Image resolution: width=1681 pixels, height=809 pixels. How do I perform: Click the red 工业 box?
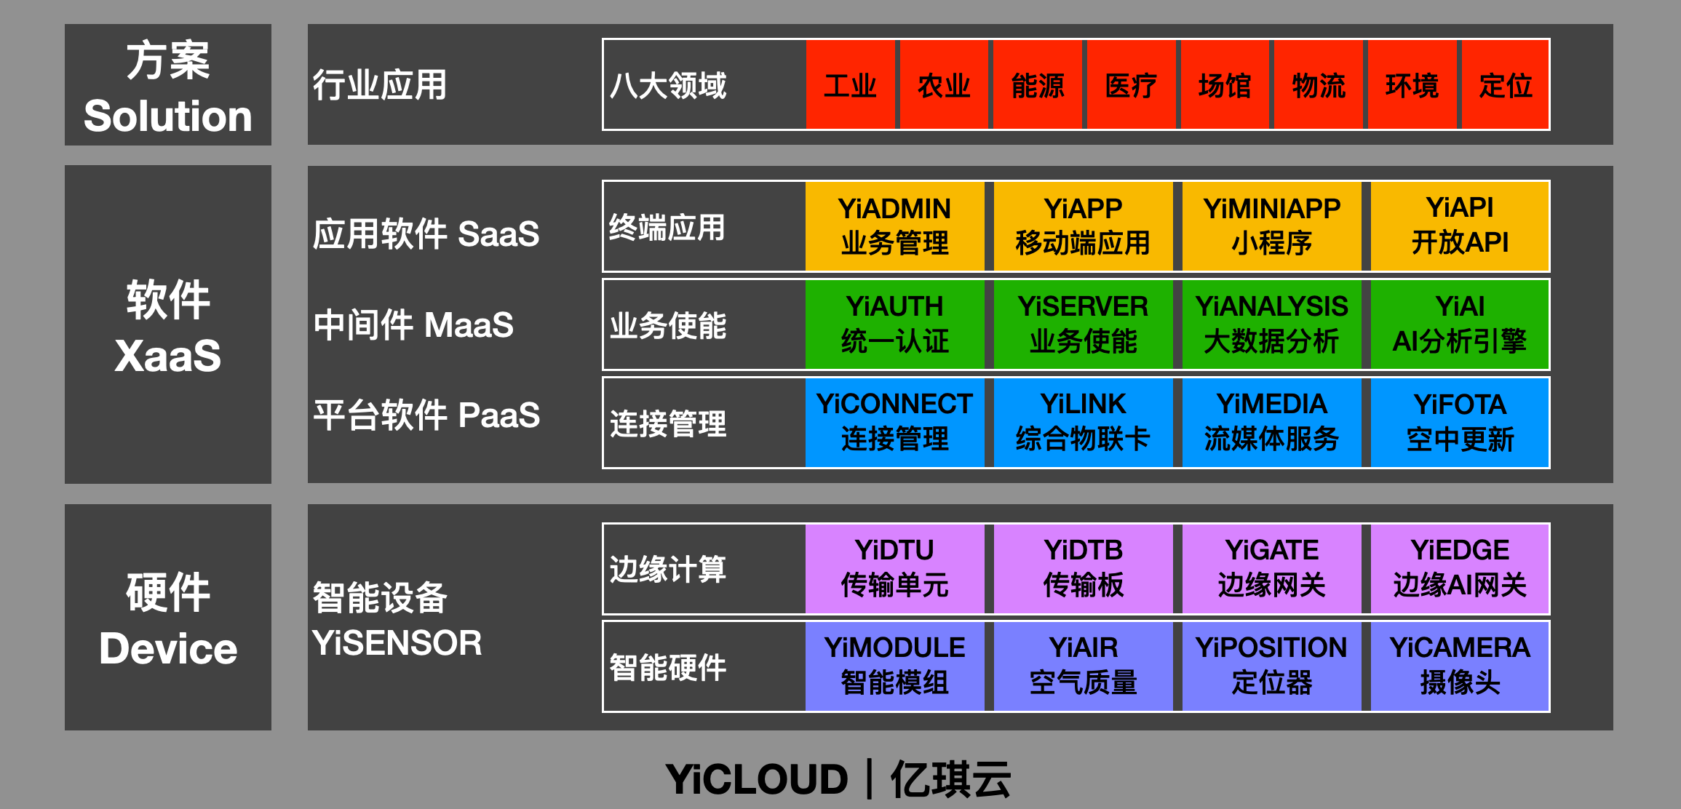850,84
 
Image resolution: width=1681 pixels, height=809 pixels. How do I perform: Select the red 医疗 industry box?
1131,84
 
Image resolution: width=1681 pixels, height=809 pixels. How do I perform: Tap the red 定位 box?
1505,84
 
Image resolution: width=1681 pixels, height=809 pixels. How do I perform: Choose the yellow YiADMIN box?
894,226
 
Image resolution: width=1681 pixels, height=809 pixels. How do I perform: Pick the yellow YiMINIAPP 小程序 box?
1271,226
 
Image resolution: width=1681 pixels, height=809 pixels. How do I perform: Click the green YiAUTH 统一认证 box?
894,324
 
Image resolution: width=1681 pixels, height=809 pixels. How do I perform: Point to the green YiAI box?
1460,324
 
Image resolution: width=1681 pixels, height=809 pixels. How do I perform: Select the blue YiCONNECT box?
894,423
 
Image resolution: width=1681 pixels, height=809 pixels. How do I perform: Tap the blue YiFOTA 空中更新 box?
1460,423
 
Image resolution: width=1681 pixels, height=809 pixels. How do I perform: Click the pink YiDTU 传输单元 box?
894,568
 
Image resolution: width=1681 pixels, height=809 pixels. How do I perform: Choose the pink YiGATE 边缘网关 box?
1271,568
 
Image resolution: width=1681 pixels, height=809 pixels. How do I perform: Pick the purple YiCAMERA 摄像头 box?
1460,666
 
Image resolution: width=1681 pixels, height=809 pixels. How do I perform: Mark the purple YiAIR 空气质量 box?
1083,666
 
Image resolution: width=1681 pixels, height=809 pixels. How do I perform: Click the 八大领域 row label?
668,85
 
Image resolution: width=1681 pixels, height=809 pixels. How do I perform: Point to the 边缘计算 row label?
668,569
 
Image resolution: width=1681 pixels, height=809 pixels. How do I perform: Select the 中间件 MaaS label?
413,324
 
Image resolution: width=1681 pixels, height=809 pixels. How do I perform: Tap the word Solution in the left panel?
168,116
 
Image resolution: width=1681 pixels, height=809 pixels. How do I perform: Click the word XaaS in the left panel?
168,356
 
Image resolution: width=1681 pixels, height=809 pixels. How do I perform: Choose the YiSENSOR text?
397,643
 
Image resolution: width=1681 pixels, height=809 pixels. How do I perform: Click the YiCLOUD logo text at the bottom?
757,780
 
